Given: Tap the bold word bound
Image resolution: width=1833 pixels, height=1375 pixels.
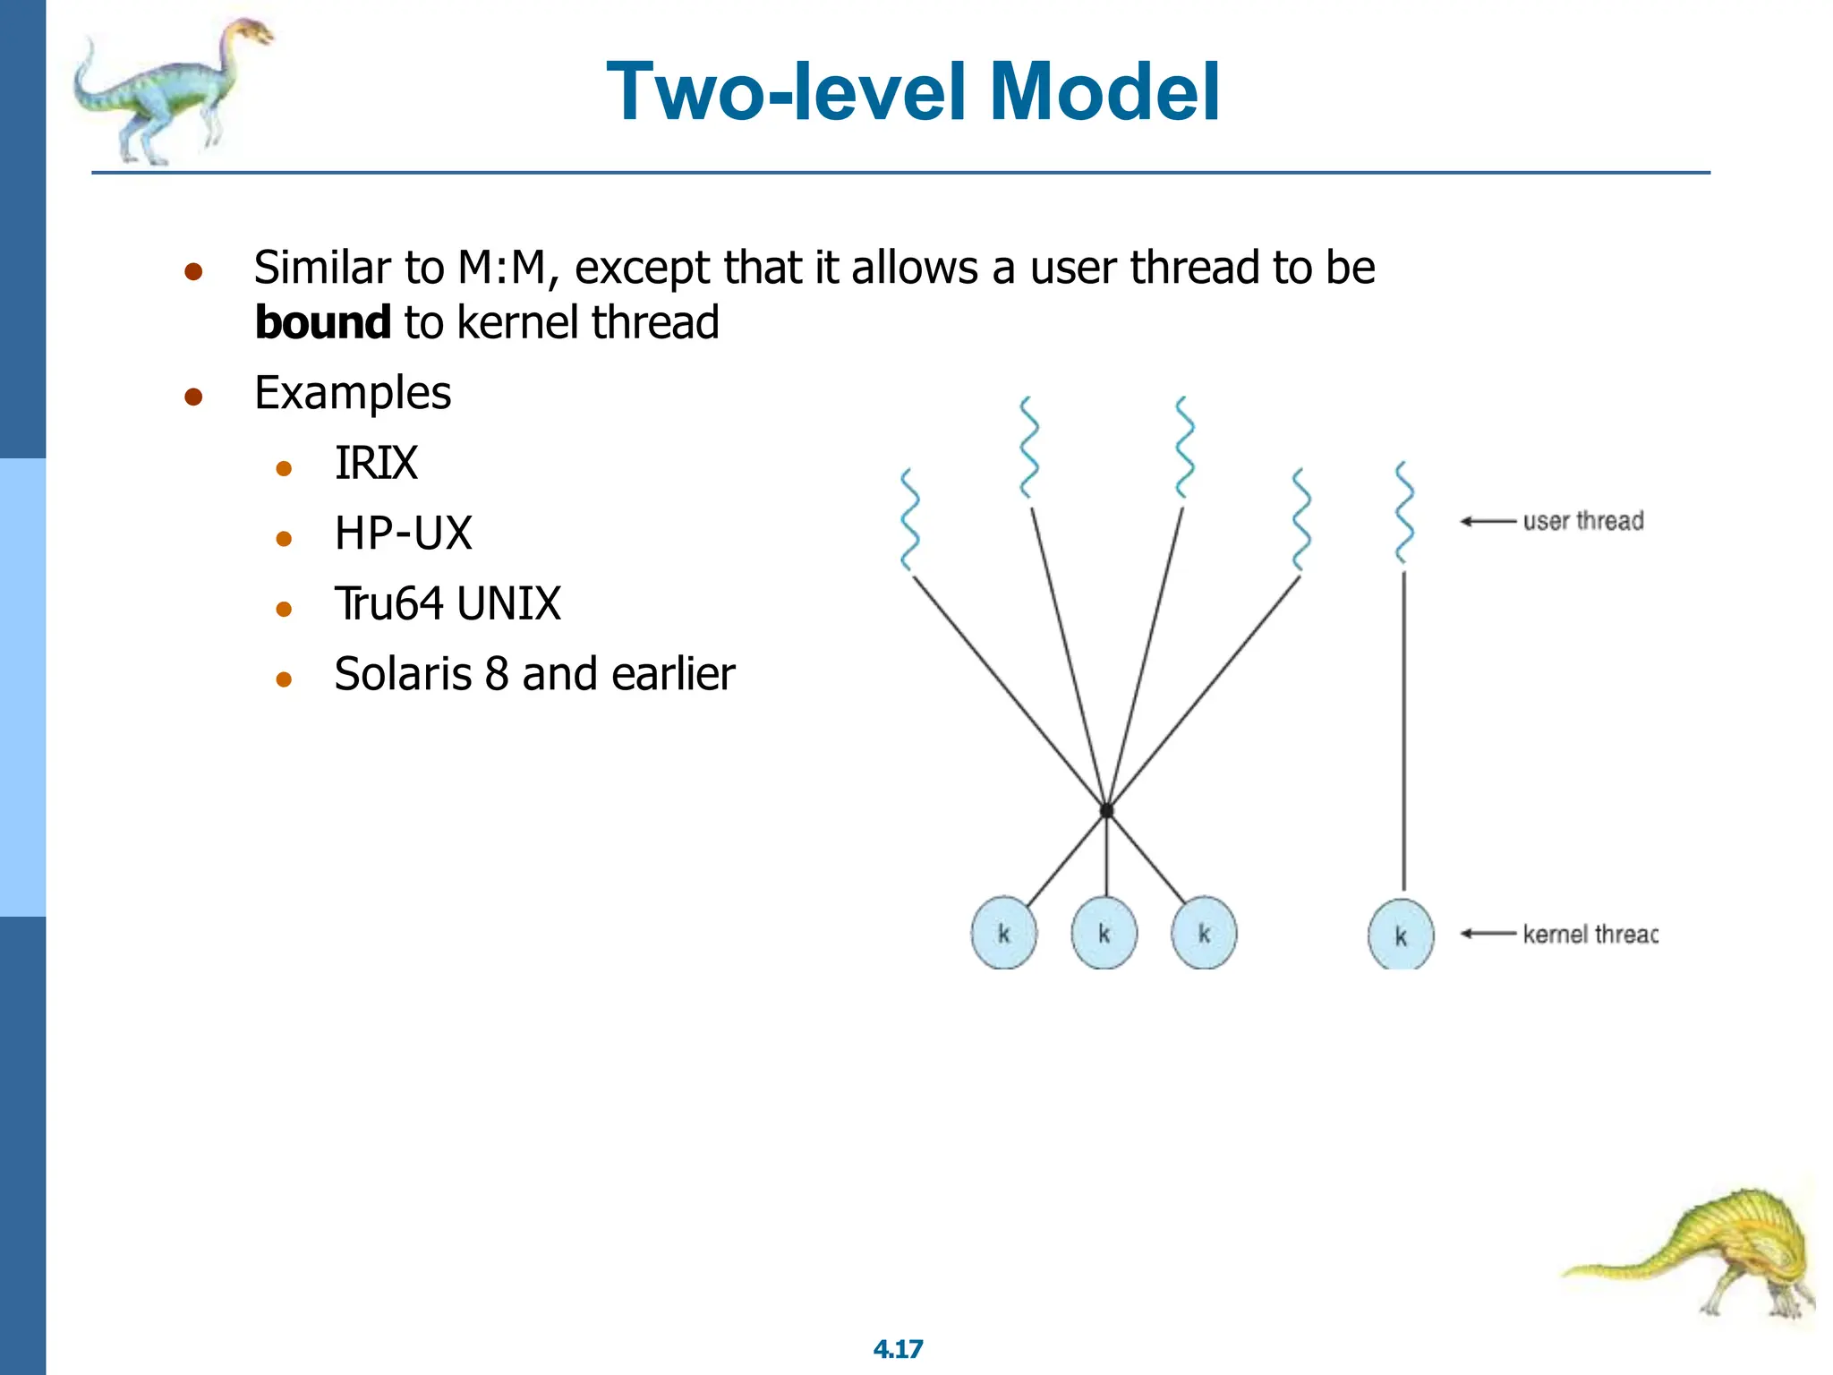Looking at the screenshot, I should pos(322,322).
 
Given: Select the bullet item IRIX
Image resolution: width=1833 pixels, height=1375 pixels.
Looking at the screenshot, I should pos(376,464).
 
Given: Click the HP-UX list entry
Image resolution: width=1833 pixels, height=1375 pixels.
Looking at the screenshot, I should pos(403,534).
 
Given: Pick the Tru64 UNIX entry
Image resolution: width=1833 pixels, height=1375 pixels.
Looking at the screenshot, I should pos(448,603).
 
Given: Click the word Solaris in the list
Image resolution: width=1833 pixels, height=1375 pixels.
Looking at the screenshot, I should pos(402,674).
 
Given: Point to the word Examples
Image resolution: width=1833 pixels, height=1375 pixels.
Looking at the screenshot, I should pos(353,393).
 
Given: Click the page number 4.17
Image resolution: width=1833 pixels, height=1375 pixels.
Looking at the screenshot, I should pos(898,1349).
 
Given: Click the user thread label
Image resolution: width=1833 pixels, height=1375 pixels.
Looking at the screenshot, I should pos(1582,521).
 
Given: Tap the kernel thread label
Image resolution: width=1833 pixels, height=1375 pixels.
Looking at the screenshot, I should pos(1590,935).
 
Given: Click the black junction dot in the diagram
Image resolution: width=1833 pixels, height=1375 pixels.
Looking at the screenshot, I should pos(1106,810).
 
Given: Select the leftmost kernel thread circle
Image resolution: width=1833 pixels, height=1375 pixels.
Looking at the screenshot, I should pos(1003,934).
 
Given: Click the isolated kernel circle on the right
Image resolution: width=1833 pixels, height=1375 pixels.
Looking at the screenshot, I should pos(1401,935).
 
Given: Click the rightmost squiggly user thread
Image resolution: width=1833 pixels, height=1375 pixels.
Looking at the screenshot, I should pos(1404,513).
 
